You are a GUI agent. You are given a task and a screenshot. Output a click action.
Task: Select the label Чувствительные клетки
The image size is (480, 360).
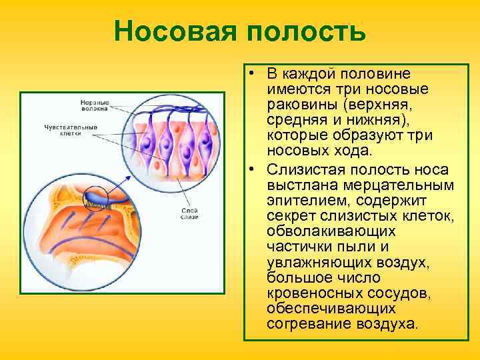tap(71, 129)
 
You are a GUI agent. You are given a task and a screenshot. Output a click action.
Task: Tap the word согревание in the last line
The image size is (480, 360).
tap(306, 323)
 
